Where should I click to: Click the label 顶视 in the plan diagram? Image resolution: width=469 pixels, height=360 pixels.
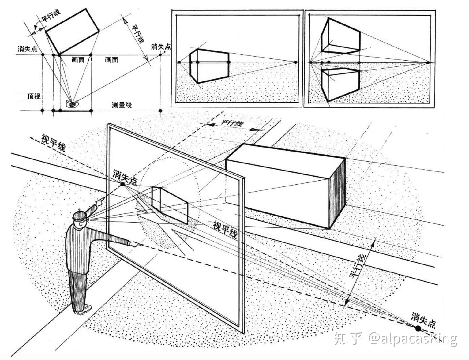34,96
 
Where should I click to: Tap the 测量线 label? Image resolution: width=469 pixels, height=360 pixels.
122,105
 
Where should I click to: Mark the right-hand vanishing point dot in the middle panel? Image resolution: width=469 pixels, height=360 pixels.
295,62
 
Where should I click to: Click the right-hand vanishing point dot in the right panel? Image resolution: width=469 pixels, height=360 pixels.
428,62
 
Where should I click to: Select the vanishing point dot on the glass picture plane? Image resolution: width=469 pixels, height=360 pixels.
123,184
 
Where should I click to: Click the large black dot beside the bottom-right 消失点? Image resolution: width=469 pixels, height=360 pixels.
418,329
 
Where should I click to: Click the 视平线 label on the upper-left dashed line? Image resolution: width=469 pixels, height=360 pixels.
53,142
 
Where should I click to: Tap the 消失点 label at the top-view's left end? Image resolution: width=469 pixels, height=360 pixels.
27,49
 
